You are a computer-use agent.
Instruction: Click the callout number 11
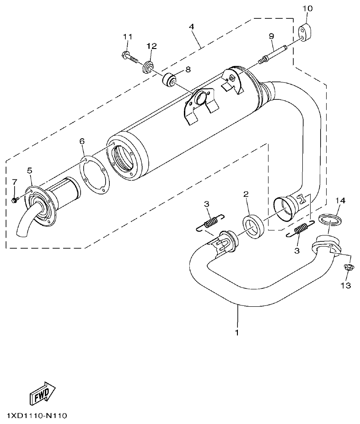(x=127, y=37)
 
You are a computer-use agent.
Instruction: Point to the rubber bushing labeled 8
(x=170, y=80)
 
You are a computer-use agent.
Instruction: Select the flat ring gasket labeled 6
(x=94, y=177)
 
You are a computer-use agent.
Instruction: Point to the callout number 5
(x=30, y=171)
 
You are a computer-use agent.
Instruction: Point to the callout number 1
(x=236, y=332)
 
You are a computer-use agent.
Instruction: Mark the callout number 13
(x=345, y=286)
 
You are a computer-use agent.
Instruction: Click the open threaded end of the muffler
(x=124, y=160)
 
